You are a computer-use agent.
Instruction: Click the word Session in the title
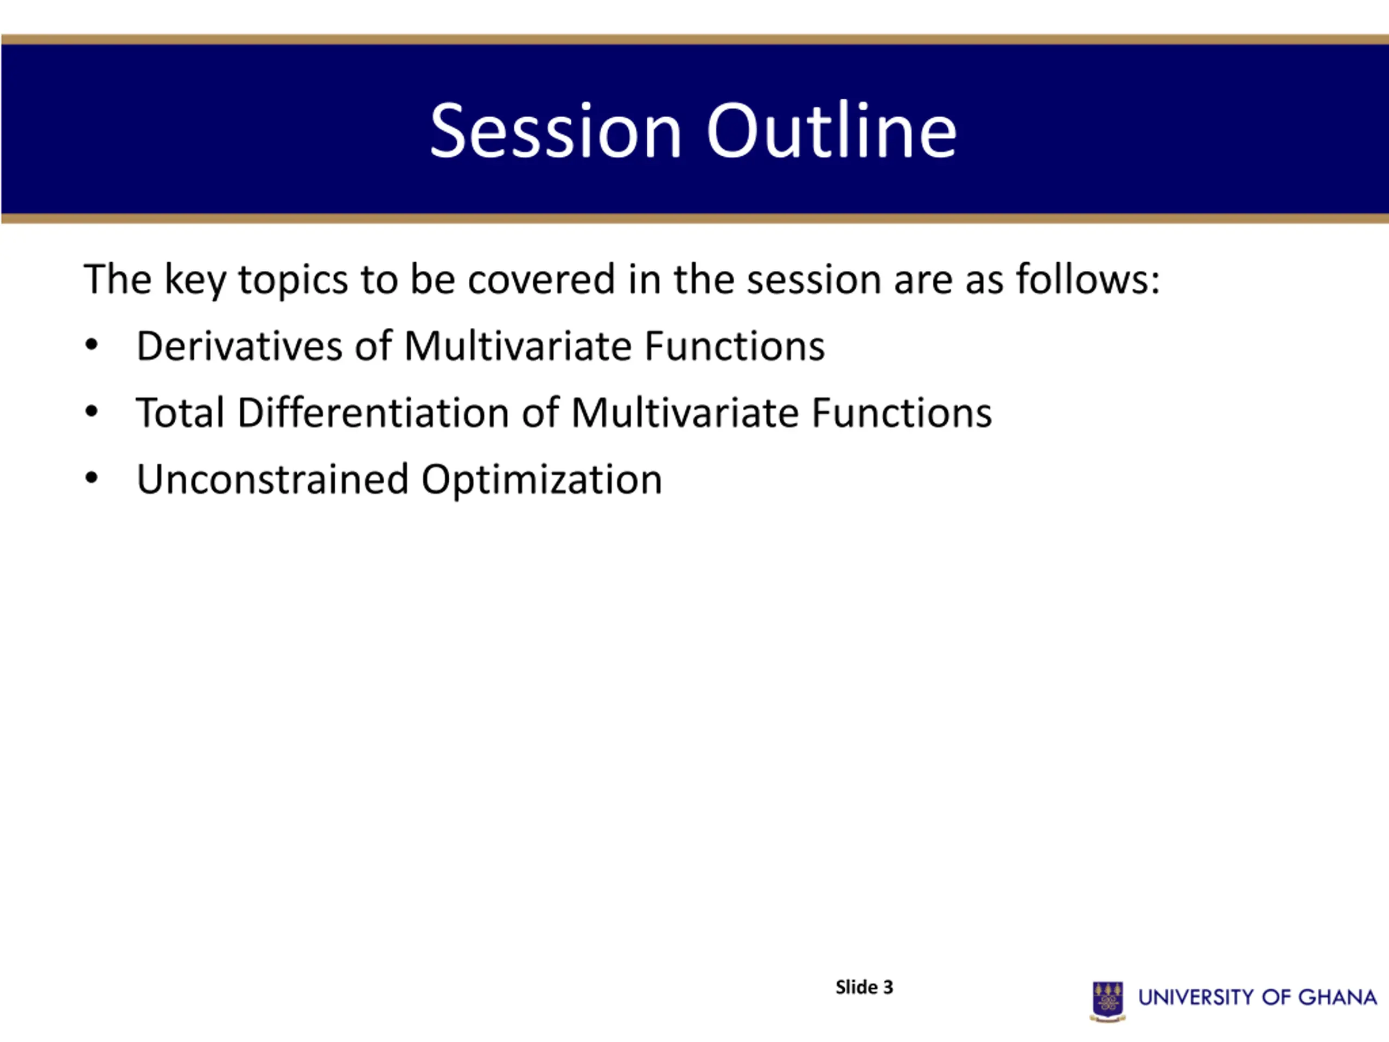point(556,131)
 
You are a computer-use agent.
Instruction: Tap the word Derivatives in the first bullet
point(239,346)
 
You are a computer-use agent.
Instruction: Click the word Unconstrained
point(272,479)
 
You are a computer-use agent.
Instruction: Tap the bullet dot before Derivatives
point(92,346)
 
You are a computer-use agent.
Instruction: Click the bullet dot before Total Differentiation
point(92,412)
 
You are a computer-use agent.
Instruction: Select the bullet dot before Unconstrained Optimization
point(92,479)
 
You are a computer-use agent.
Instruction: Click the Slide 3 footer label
point(864,987)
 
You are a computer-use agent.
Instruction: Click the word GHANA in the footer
point(1337,997)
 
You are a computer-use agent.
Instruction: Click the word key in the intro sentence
point(195,281)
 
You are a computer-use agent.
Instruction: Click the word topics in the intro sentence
point(293,281)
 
